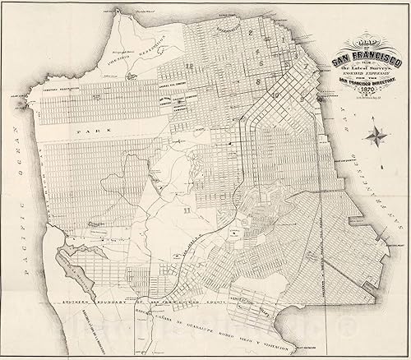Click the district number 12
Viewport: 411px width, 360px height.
[189, 65]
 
